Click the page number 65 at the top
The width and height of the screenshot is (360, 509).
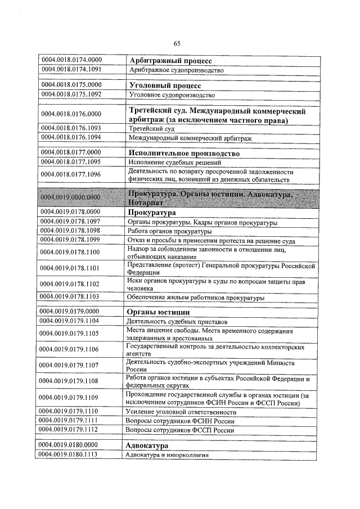(177, 44)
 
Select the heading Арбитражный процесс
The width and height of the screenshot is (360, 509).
(170, 61)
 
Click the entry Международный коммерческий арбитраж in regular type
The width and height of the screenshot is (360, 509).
(190, 137)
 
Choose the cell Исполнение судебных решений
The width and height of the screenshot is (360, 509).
(174, 162)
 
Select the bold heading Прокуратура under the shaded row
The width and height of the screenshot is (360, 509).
(152, 213)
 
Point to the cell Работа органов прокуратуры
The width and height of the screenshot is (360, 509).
(170, 231)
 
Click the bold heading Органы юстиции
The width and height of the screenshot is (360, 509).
(159, 312)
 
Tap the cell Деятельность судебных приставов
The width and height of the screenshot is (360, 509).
(177, 321)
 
